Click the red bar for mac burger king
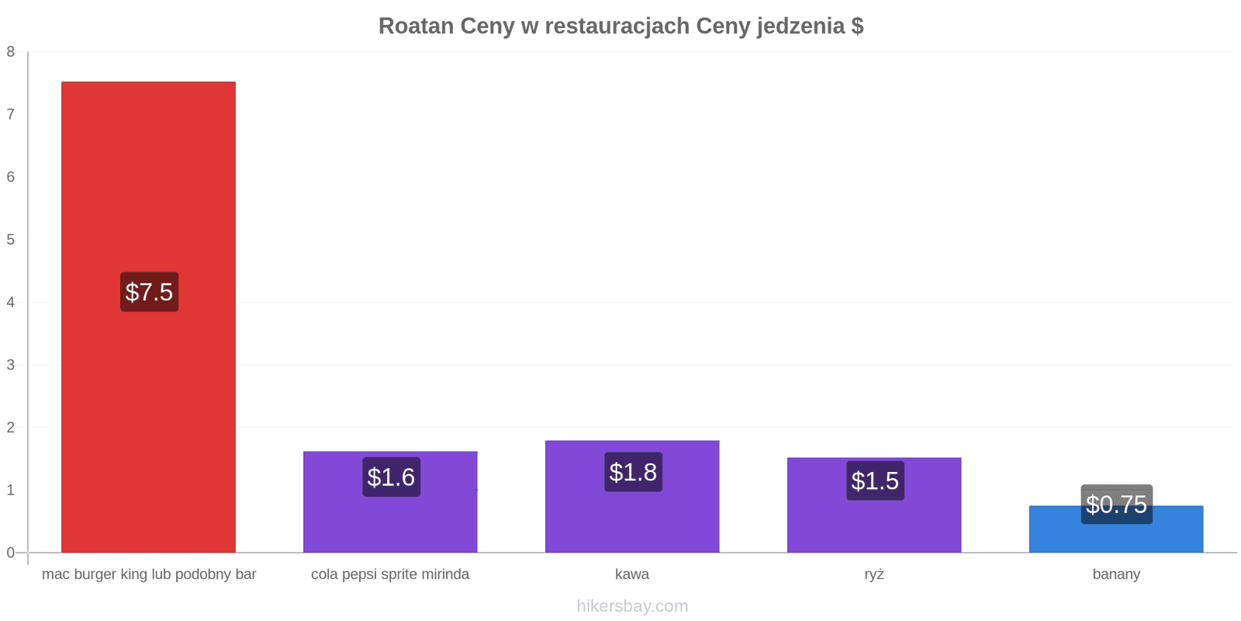point(148,317)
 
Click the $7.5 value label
point(149,292)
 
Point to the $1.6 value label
point(391,477)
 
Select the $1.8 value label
point(633,472)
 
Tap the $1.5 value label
point(876,480)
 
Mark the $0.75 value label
point(1116,504)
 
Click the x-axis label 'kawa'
point(632,574)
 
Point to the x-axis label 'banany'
point(1116,574)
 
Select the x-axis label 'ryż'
point(874,574)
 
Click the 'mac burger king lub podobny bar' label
point(149,574)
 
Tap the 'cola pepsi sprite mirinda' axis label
point(390,574)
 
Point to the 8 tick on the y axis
point(11,51)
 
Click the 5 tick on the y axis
point(11,240)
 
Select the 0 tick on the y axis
point(11,552)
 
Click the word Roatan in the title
point(416,26)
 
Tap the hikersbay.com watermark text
point(632,605)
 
